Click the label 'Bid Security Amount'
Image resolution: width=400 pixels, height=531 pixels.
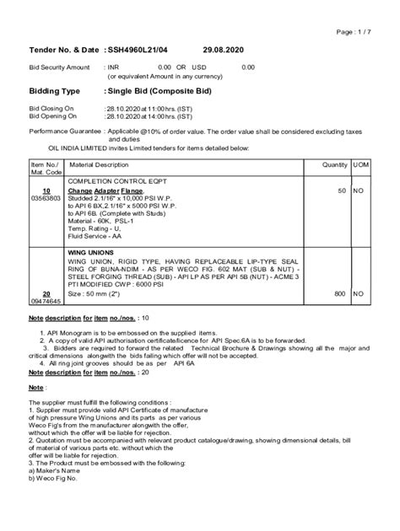point(60,67)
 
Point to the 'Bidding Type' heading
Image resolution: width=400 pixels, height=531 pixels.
point(55,90)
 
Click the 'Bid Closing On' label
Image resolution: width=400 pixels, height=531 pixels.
point(52,110)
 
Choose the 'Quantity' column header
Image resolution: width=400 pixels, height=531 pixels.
point(334,165)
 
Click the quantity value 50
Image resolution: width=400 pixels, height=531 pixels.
point(341,191)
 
